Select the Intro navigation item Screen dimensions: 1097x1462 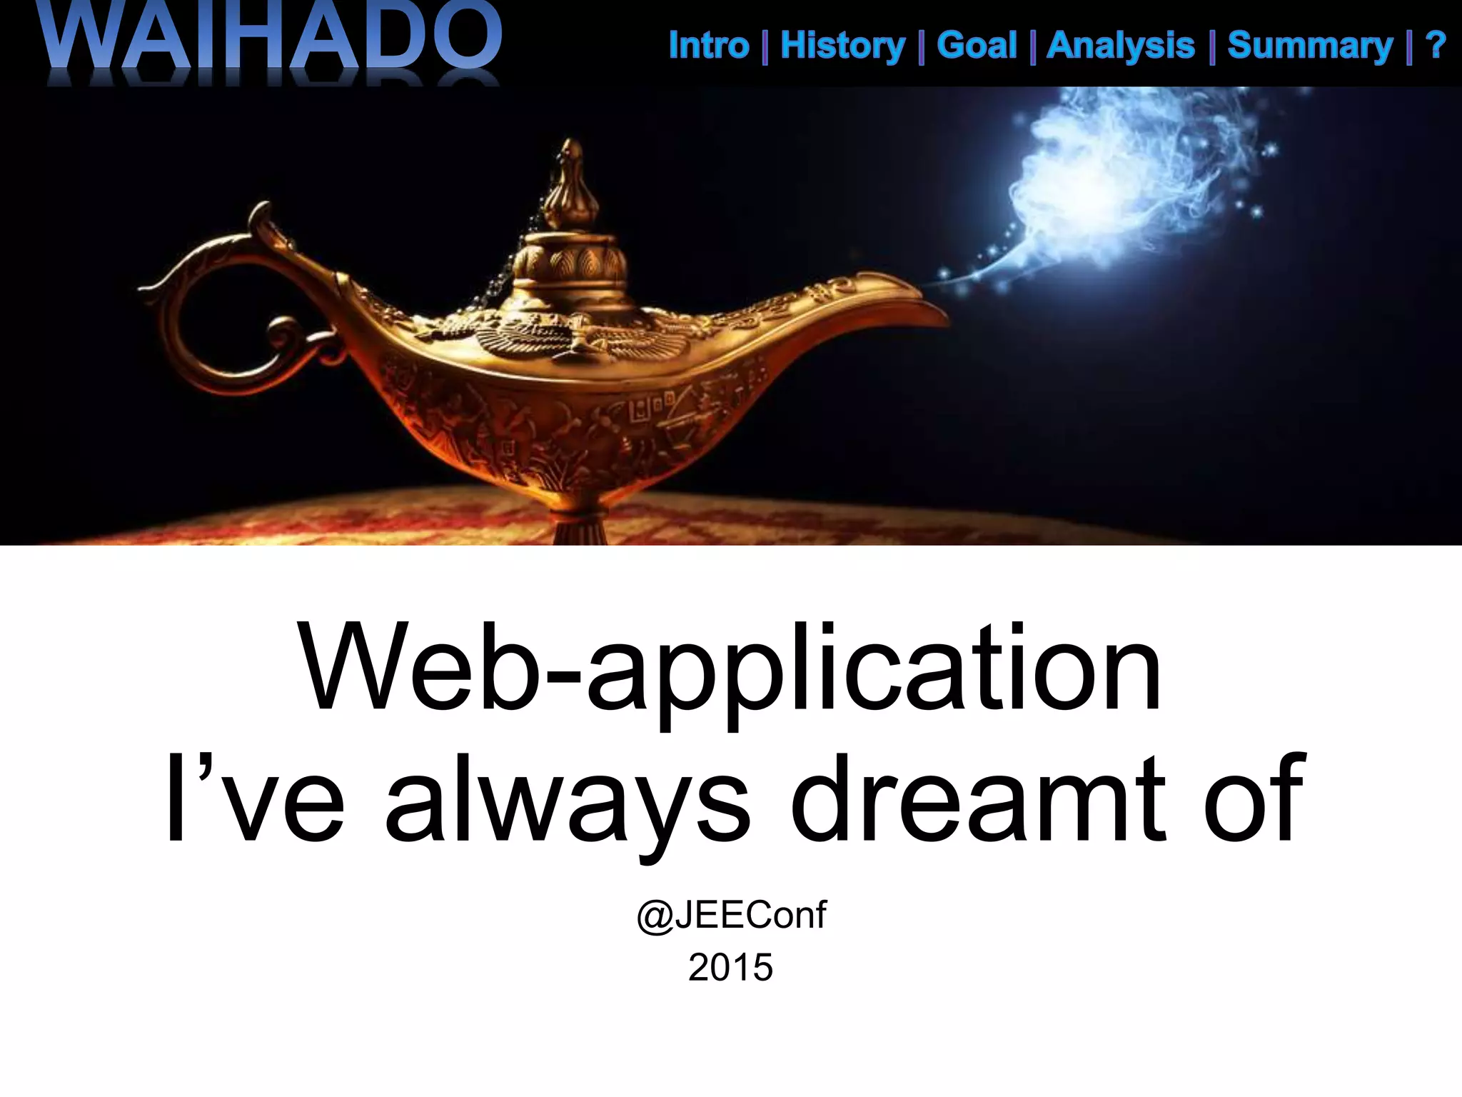708,46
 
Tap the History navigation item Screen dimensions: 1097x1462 842,46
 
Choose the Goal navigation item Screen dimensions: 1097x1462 976,46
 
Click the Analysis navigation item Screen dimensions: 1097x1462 1120,46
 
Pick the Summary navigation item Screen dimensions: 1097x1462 1310,46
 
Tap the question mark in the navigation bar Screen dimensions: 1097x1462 1435,46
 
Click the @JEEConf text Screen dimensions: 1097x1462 731,915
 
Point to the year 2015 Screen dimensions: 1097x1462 731,968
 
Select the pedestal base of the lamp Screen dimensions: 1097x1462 580,529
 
